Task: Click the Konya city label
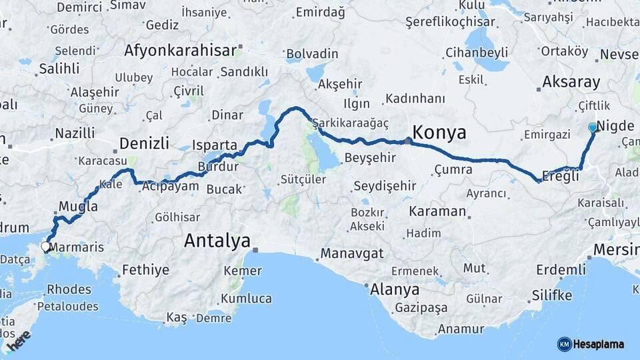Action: coord(439,133)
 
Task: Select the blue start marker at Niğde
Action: coord(593,127)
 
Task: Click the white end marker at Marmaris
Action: coord(45,247)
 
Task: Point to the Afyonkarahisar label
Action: coord(180,51)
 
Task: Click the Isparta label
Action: coord(215,145)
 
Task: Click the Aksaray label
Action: coord(571,82)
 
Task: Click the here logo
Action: coord(19,342)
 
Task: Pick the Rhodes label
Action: coord(69,289)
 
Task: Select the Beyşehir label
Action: coord(370,158)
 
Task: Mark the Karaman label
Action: coord(437,211)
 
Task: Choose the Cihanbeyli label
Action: coord(477,52)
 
